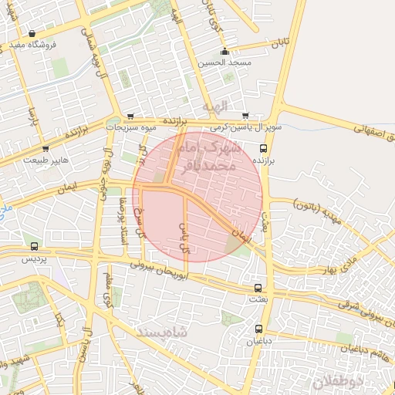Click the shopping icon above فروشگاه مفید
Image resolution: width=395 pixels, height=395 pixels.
click(x=32, y=34)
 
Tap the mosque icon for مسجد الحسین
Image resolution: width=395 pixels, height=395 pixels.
click(x=225, y=52)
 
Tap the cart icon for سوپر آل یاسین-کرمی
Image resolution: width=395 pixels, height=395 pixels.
click(x=245, y=116)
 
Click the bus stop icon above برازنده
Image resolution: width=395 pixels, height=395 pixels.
click(x=263, y=147)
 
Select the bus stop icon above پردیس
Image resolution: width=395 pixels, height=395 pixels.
click(x=33, y=246)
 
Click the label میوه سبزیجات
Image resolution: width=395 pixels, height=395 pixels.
click(x=132, y=127)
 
